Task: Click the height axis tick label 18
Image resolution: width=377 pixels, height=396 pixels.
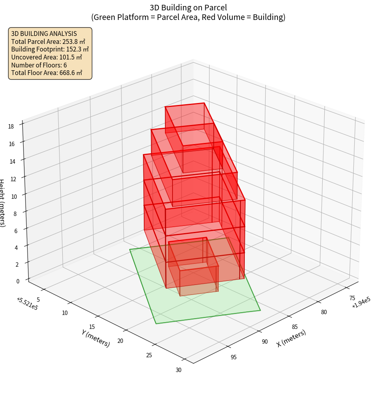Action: (11, 127)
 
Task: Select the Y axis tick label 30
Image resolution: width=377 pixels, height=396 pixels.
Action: (179, 370)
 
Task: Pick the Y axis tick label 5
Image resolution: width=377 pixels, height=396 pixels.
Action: (38, 299)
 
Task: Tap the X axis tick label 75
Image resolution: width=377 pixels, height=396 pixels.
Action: (352, 298)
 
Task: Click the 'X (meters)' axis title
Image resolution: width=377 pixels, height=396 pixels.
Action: (291, 338)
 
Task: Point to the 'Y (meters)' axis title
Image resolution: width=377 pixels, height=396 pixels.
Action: (95, 338)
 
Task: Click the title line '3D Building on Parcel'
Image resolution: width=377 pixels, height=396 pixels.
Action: (188, 7)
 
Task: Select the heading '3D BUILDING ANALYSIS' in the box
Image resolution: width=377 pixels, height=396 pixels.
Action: (44, 34)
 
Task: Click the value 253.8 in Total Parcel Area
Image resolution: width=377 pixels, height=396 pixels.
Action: (70, 42)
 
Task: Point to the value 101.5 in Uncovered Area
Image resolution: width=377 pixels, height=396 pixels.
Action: (67, 57)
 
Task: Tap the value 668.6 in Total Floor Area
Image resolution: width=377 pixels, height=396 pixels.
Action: (67, 73)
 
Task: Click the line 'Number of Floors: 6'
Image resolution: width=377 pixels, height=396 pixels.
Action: (39, 65)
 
